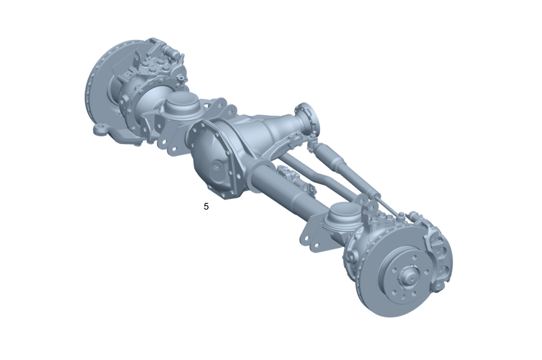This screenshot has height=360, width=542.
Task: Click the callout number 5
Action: click(206, 207)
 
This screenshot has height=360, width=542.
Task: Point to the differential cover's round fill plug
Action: click(219, 164)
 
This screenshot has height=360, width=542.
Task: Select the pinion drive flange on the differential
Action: click(307, 120)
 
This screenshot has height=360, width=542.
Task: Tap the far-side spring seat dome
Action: click(180, 104)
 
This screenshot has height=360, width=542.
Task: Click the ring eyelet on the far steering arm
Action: click(100, 129)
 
